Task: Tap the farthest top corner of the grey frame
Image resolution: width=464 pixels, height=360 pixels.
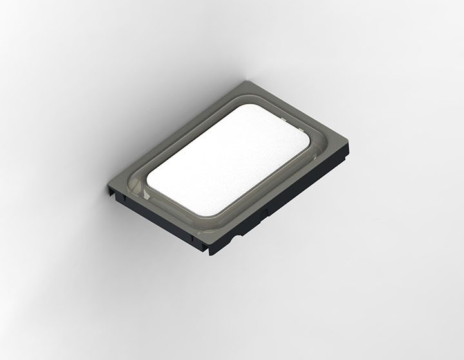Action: [247, 82]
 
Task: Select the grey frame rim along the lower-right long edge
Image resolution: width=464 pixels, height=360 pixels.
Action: [284, 193]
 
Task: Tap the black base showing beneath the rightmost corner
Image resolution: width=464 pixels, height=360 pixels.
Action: [345, 153]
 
